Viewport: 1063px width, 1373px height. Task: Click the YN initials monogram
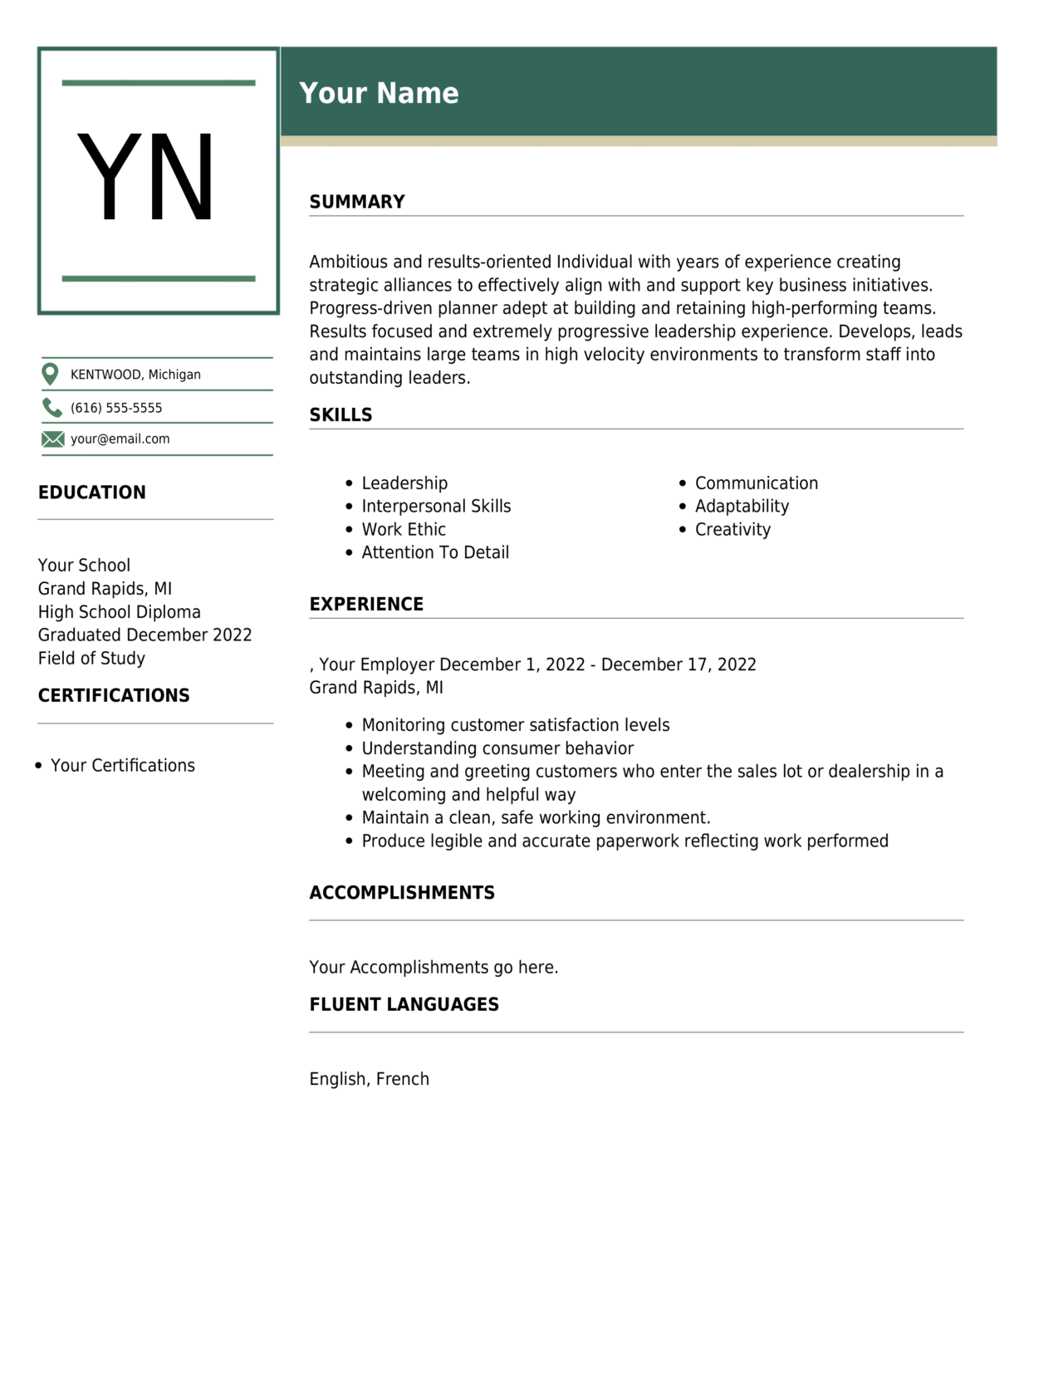[146, 179]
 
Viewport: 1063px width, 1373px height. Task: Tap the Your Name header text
[379, 93]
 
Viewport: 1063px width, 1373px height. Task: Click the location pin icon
[51, 375]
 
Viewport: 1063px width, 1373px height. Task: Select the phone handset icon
[51, 407]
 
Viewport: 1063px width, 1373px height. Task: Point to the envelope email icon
[52, 439]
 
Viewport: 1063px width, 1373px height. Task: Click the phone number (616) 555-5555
[116, 408]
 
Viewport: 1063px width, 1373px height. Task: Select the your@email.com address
[120, 439]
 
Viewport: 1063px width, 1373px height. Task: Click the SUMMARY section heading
[357, 202]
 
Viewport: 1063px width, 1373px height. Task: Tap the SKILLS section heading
[340, 415]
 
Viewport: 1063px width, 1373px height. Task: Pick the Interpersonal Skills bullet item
[436, 507]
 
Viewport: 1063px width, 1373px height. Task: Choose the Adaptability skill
[742, 507]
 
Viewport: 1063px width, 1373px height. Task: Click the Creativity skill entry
[732, 530]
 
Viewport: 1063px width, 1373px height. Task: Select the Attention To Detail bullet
[435, 553]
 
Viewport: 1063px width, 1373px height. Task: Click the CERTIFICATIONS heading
[114, 696]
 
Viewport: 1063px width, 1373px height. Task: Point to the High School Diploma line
[120, 612]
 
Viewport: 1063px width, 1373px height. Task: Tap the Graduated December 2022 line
[145, 635]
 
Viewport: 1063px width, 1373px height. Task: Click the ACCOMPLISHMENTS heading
[402, 893]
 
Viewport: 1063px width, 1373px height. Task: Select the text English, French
[369, 1079]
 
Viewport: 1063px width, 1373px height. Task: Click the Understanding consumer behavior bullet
[497, 748]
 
